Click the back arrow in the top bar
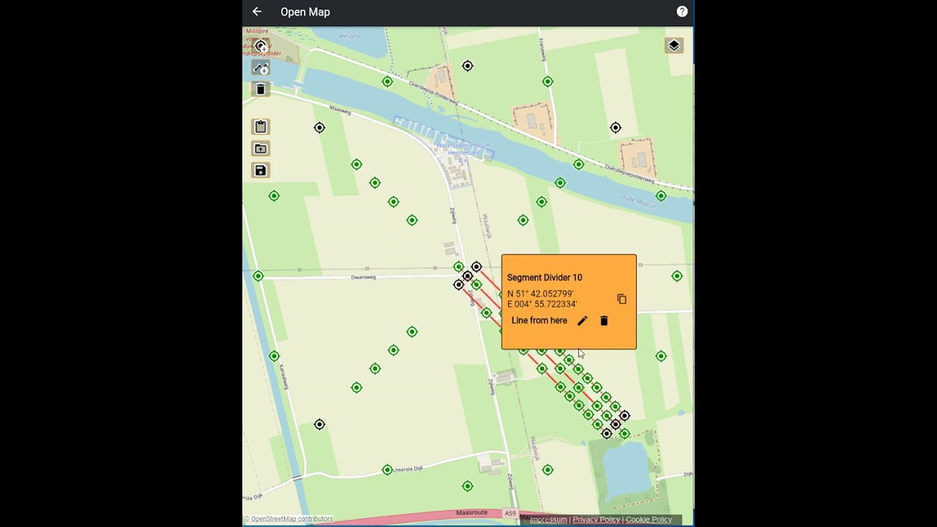click(257, 12)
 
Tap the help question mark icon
click(682, 12)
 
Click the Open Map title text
click(305, 12)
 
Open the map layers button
click(673, 45)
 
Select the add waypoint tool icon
click(261, 46)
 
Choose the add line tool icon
click(261, 68)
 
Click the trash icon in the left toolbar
click(261, 89)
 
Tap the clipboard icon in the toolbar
click(261, 127)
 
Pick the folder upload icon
click(261, 149)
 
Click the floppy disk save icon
click(261, 171)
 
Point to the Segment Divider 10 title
click(545, 277)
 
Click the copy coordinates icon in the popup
click(621, 299)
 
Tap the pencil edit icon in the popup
click(582, 321)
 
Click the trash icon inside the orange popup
click(604, 321)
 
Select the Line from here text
click(540, 321)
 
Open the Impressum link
click(548, 520)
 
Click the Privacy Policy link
click(596, 520)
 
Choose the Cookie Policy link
click(649, 520)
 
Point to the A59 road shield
click(510, 513)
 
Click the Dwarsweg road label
click(363, 277)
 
